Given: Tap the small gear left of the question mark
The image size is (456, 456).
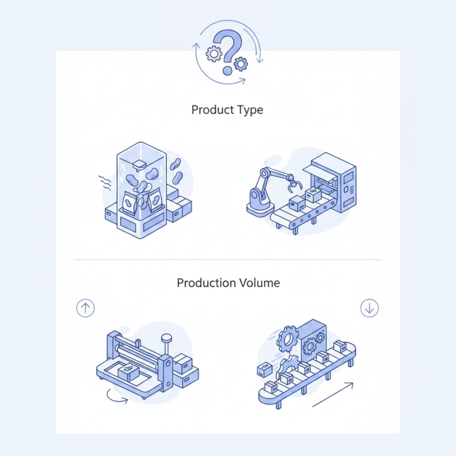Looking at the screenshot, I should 214,54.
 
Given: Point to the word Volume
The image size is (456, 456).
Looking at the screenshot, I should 259,283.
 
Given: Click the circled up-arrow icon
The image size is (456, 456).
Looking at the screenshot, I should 85,308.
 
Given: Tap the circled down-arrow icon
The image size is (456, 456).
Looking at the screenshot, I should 369,308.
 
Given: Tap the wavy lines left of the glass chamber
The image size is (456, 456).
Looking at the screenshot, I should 104,181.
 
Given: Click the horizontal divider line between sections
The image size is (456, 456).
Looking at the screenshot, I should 228,259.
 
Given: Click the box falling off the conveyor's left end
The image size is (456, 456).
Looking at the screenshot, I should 263,369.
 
